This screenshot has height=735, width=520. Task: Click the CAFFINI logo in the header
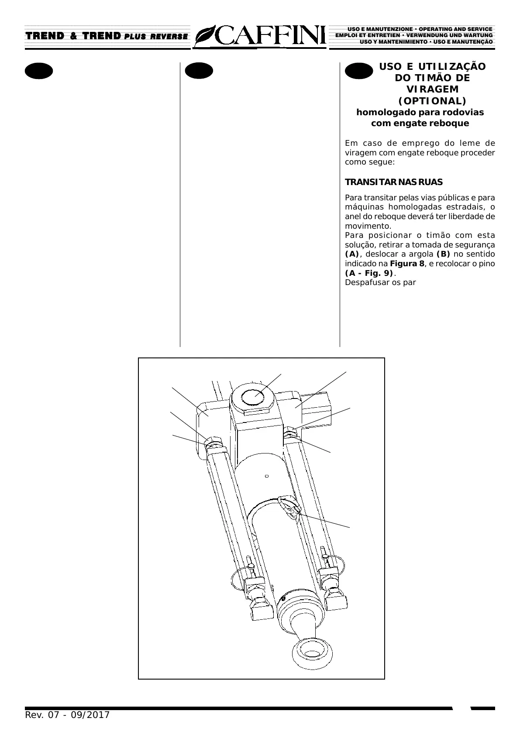[261, 36]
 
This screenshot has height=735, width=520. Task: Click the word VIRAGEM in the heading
[432, 89]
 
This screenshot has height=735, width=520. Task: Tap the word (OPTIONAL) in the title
[432, 101]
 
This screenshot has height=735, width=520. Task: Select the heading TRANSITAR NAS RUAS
[393, 182]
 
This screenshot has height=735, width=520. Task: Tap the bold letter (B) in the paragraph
[443, 254]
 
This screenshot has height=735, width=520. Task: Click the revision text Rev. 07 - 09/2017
[67, 715]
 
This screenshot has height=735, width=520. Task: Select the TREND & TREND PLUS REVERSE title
[107, 36]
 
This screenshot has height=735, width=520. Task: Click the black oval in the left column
[39, 71]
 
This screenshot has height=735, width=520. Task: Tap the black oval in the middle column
[199, 71]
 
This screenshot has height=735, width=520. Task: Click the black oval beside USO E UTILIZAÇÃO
[358, 71]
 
